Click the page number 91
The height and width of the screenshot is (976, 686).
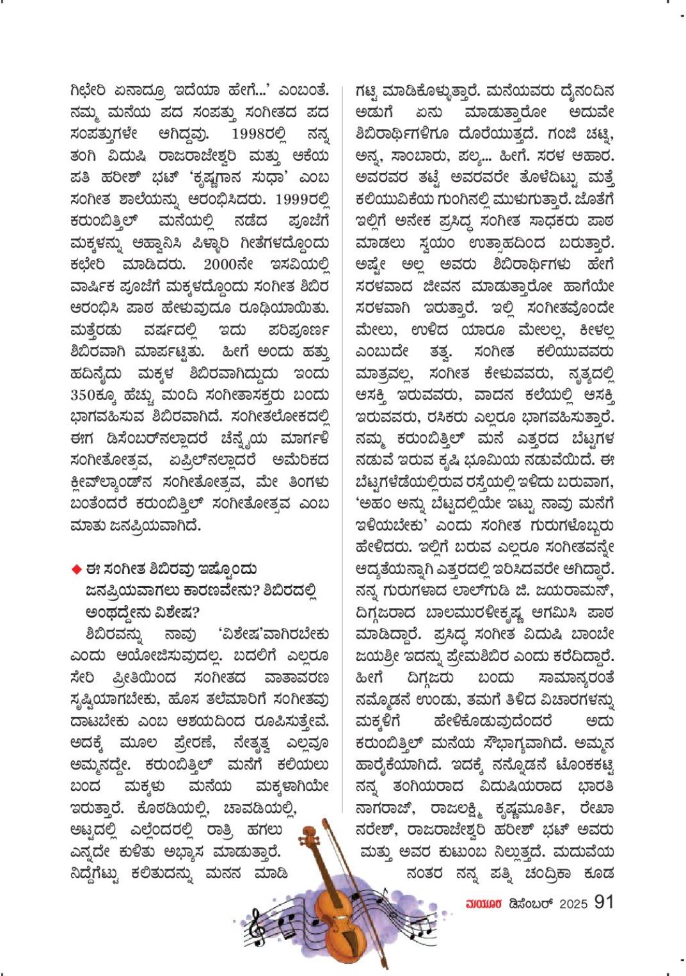pos(603,902)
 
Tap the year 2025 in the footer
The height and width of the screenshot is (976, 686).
pos(573,904)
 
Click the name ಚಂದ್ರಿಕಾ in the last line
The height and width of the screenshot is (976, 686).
pos(541,873)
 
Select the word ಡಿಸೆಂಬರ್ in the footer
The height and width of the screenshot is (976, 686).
pos(532,904)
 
